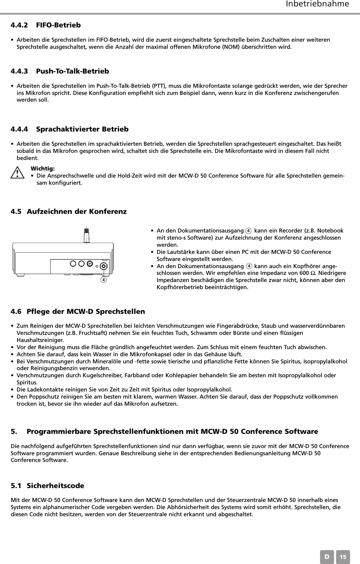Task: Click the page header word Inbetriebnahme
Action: pos(317,4)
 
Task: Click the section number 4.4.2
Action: pos(20,25)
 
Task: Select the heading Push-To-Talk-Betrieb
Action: pos(72,71)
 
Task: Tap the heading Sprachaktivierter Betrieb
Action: pos(82,129)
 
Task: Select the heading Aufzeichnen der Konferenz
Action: pos(77,211)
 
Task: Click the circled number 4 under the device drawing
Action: pos(104,280)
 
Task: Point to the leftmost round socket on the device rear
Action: pos(72,263)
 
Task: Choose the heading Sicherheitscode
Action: pos(56,485)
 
